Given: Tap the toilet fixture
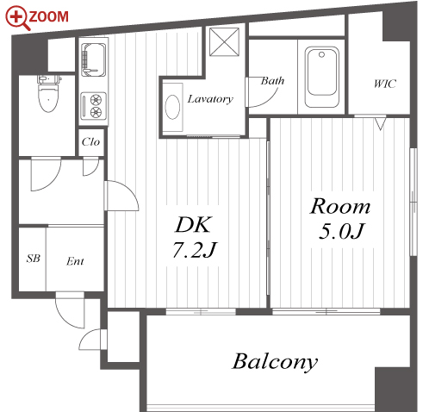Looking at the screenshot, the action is [49, 94].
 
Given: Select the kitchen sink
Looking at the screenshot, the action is [93, 59].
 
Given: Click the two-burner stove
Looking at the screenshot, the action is [93, 106].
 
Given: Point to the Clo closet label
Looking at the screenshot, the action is [90, 141].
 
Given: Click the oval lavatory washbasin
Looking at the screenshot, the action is [172, 107].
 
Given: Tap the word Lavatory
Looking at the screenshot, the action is [210, 99].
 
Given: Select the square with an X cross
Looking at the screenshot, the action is [224, 42].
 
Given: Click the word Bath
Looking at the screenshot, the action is [272, 81].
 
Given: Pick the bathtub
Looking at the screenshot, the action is [322, 77].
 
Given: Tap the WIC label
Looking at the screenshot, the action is [385, 84].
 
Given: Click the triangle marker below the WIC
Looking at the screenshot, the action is [381, 123].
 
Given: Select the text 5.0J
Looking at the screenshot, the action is [341, 232].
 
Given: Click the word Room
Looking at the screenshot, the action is [340, 206].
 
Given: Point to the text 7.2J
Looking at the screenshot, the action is [194, 250].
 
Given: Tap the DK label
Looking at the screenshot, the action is [194, 224].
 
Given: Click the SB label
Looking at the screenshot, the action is [34, 259].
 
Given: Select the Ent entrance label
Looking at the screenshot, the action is [75, 261].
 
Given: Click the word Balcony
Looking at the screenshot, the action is [275, 362].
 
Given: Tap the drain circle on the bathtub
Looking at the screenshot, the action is [322, 54].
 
